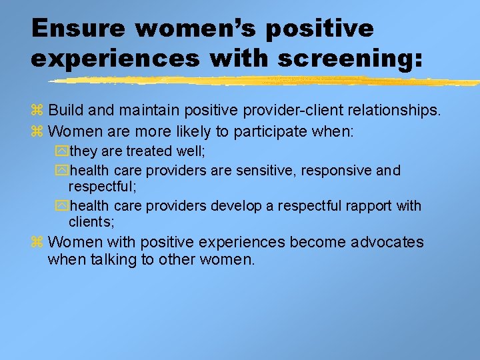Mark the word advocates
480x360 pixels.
tap(383, 242)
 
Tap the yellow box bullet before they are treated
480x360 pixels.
tap(62, 152)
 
